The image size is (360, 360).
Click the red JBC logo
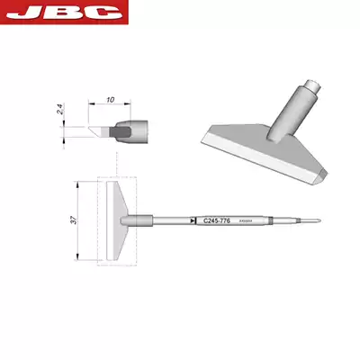click(65, 12)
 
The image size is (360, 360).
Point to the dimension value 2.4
click(60, 112)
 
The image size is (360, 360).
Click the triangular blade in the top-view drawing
click(115, 221)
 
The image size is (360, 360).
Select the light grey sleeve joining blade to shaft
click(142, 220)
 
